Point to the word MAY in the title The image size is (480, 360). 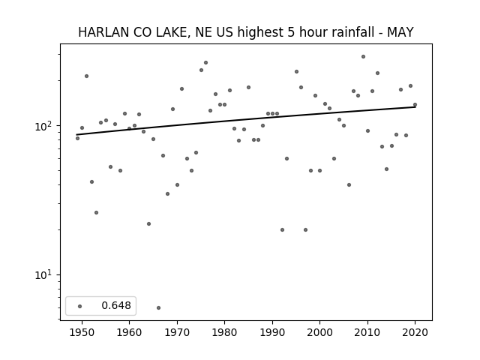pyautogui.click(x=400, y=32)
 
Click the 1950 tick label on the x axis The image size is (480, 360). pyautogui.click(x=82, y=332)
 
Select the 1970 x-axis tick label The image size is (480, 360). pyautogui.click(x=177, y=332)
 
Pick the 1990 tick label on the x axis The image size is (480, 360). pyautogui.click(x=272, y=332)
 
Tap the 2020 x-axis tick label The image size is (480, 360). pyautogui.click(x=415, y=332)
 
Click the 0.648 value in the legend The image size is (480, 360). pyautogui.click(x=116, y=305)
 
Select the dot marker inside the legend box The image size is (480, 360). pyautogui.click(x=80, y=306)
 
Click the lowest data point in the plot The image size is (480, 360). pyautogui.click(x=158, y=307)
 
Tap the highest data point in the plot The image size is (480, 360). pyautogui.click(x=363, y=57)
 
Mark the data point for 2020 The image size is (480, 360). pyautogui.click(x=415, y=105)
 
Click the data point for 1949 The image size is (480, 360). pyautogui.click(x=77, y=138)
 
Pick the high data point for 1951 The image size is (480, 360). pyautogui.click(x=87, y=76)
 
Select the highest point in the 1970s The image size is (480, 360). pyautogui.click(x=205, y=63)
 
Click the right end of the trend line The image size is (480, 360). pyautogui.click(x=415, y=106)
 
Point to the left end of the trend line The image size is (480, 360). pyautogui.click(x=76, y=135)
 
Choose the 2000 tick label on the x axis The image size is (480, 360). pyautogui.click(x=320, y=332)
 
